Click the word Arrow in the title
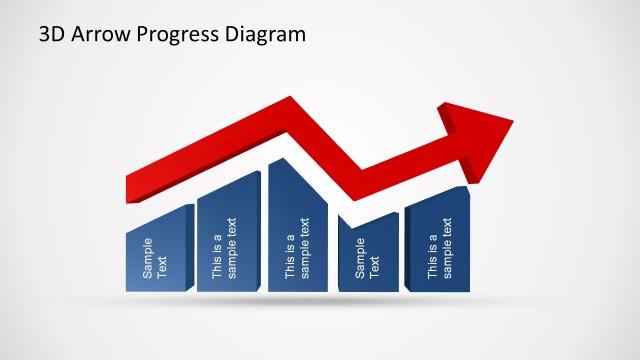(x=98, y=35)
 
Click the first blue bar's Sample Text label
(x=156, y=258)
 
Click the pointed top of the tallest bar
(x=285, y=162)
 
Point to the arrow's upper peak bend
(x=291, y=103)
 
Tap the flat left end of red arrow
(x=130, y=188)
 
